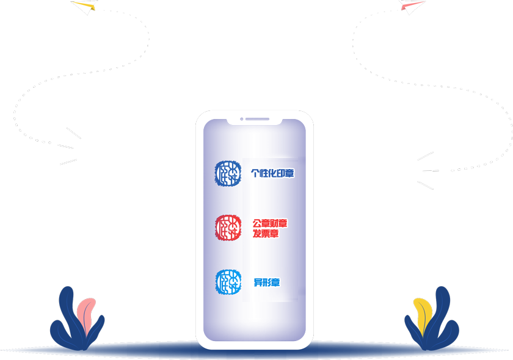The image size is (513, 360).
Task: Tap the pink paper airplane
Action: (x=411, y=7)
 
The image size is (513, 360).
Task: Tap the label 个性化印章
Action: (x=273, y=173)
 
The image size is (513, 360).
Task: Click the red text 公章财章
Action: (x=270, y=223)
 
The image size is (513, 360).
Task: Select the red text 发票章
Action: (x=266, y=233)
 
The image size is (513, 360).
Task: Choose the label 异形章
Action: (x=267, y=283)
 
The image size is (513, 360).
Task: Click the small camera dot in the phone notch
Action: (x=242, y=119)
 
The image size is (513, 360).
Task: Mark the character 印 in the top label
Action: (x=282, y=173)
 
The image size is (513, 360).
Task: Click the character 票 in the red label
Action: (x=266, y=233)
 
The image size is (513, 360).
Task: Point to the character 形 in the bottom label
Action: (x=267, y=283)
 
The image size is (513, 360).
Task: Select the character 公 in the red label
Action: (x=257, y=223)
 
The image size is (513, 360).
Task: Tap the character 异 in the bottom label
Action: (x=258, y=283)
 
